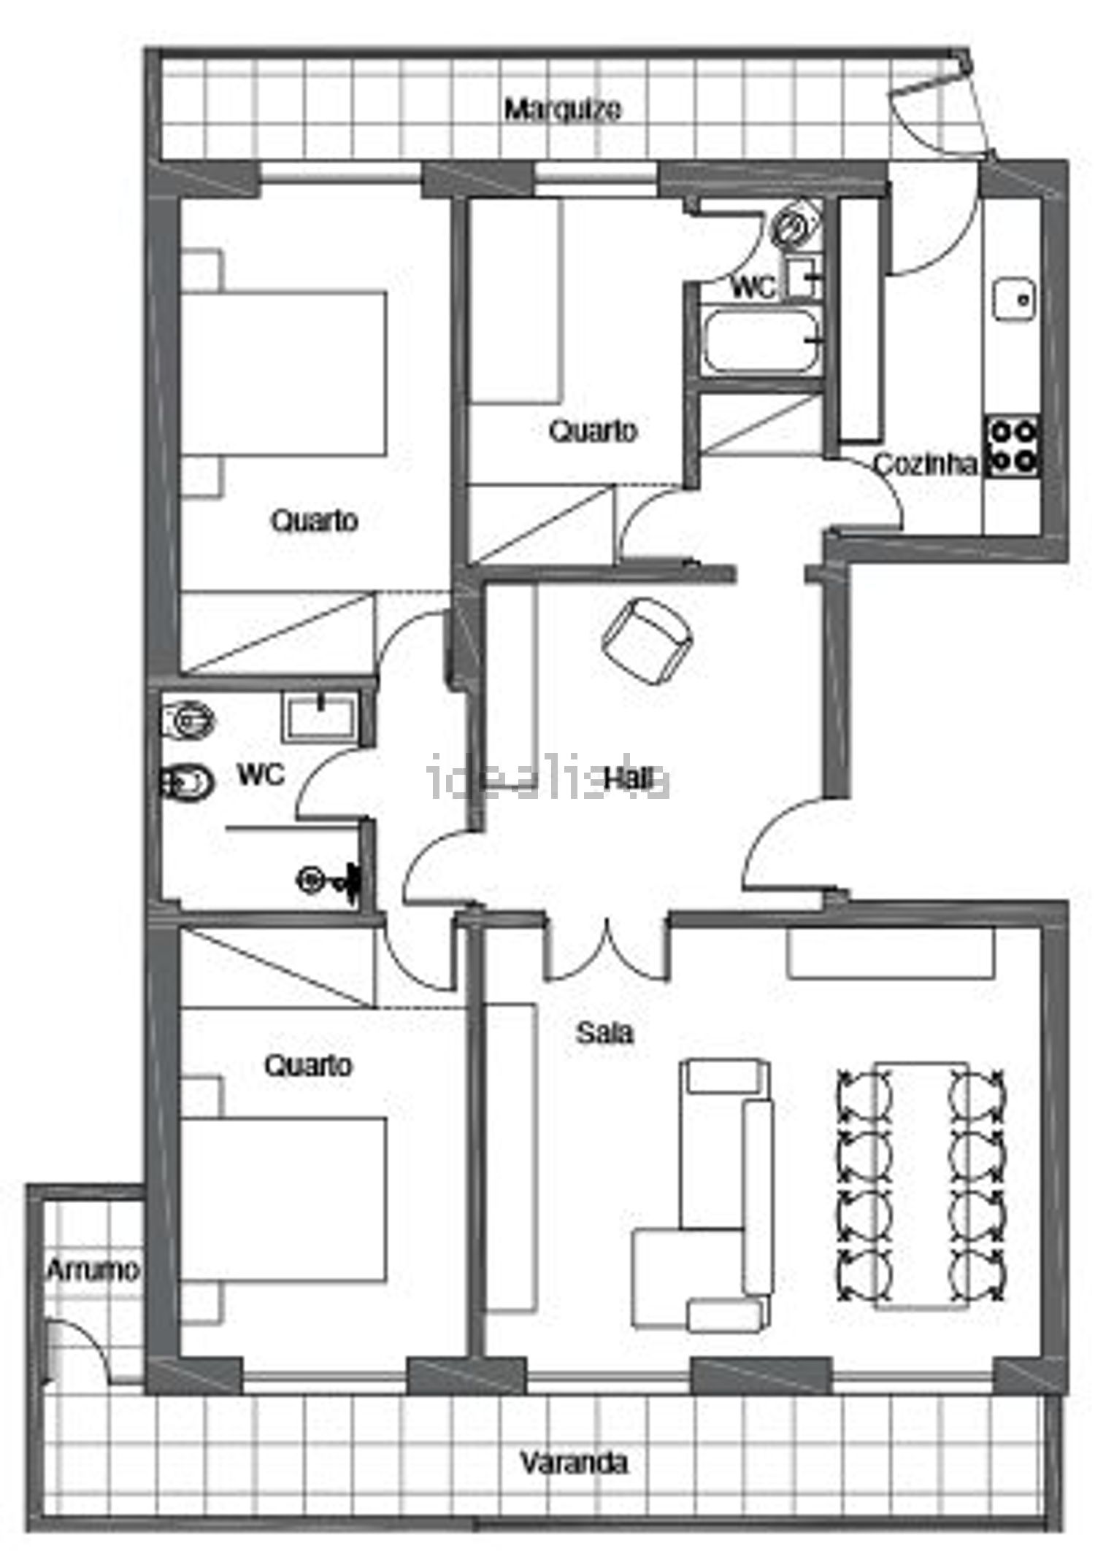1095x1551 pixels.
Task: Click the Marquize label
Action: coord(563,110)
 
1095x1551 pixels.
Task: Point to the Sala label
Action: coord(604,1033)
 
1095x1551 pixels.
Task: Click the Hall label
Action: coord(629,779)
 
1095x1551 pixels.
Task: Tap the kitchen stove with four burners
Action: coord(1012,446)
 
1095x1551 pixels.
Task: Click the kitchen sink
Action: coord(1015,299)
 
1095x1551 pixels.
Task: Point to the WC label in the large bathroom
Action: coord(261,775)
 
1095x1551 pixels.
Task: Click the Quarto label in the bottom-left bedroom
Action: coord(308,1066)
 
